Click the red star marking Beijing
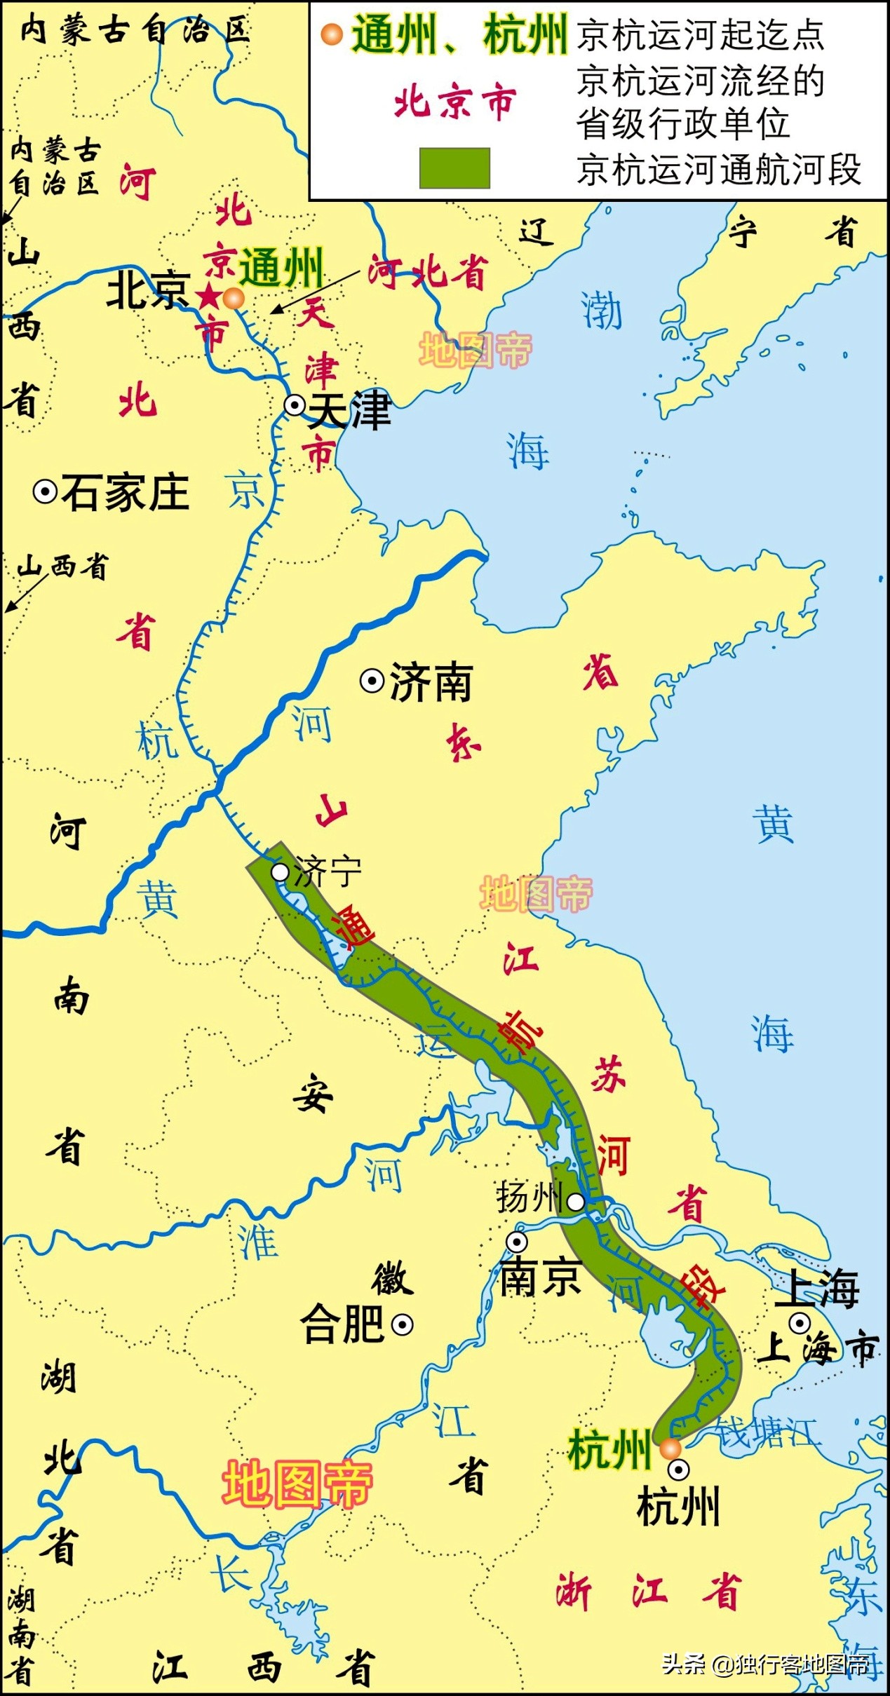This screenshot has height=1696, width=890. (x=209, y=297)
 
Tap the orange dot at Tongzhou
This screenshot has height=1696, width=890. (x=234, y=299)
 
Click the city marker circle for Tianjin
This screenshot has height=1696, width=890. (x=295, y=405)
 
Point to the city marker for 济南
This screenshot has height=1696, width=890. (x=372, y=681)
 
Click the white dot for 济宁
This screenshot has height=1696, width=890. (x=280, y=872)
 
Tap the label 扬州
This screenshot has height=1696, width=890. (x=530, y=1198)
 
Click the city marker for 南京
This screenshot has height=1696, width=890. (x=517, y=1242)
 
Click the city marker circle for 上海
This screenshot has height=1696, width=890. (x=800, y=1323)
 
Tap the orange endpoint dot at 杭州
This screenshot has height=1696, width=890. (x=670, y=1449)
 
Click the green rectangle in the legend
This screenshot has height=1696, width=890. (x=454, y=168)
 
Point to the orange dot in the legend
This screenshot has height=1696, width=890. (x=331, y=34)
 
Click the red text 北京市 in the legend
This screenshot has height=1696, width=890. (x=455, y=103)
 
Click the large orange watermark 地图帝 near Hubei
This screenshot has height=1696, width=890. (x=297, y=1484)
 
